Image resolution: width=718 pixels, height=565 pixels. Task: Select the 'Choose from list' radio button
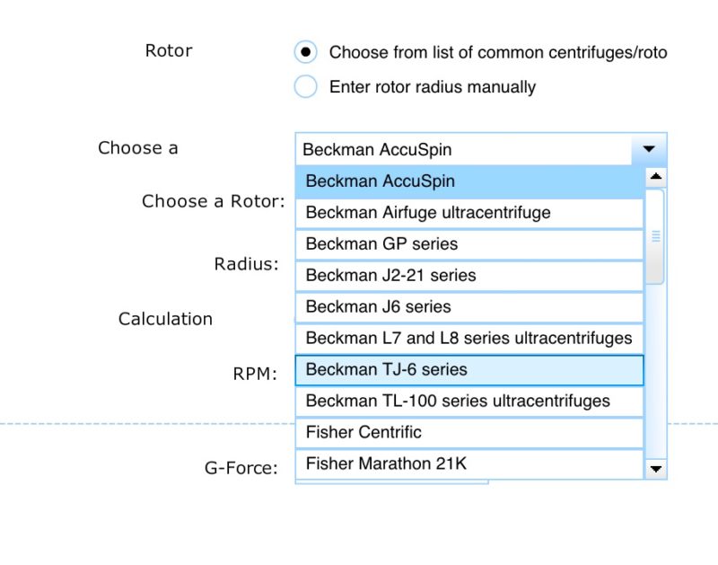305,52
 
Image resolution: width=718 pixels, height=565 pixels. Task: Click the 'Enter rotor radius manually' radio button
305,86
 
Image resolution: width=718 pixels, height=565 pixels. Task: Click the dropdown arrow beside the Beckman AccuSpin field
649,149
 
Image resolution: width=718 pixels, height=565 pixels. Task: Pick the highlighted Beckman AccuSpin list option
469,181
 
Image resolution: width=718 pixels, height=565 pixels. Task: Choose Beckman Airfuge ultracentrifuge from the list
469,213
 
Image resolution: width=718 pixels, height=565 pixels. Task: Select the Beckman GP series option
469,244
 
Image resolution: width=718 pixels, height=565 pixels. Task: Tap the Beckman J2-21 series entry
469,276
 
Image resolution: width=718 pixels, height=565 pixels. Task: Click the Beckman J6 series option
469,307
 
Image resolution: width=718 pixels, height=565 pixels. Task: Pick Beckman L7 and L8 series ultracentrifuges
469,338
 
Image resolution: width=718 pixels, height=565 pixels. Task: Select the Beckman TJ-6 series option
469,370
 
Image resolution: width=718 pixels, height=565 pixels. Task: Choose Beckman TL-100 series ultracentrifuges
469,401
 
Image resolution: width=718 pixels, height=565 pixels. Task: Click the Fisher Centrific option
469,433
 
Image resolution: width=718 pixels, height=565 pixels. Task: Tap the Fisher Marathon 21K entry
469,463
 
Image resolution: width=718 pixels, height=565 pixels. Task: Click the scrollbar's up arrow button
656,177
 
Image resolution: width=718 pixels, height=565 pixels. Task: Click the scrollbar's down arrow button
656,469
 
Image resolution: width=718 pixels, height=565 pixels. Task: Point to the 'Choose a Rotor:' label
214,201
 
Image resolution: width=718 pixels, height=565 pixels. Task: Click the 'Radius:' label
246,264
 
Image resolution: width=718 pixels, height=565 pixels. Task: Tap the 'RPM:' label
255,374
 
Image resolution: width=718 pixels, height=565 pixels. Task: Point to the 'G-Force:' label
241,468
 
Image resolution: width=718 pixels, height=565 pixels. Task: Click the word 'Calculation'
165,319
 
